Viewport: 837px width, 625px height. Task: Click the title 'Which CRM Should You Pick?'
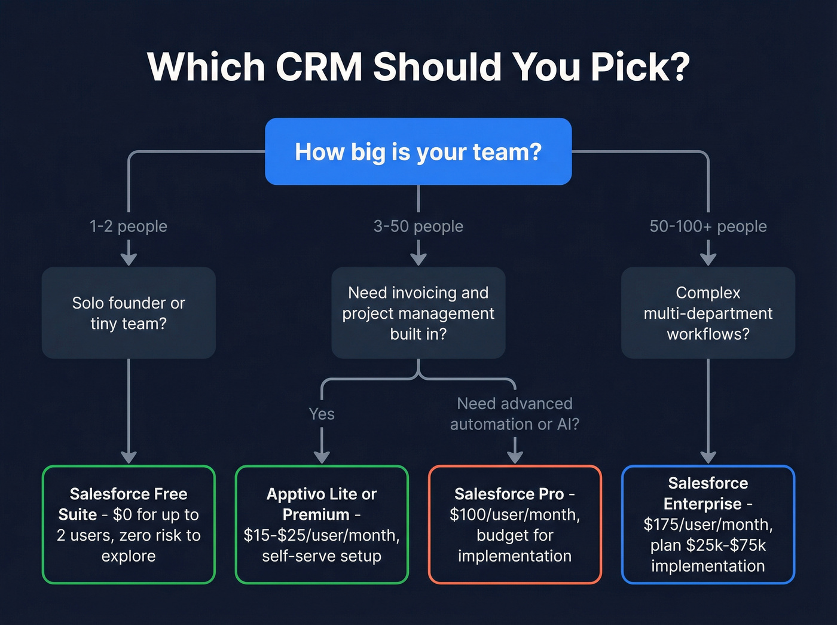[418, 66]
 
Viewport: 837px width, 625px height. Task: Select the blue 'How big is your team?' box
[418, 151]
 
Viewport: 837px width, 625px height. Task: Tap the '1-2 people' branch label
[129, 226]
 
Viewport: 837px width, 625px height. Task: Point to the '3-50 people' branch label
[418, 226]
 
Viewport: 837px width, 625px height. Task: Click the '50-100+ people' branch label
[708, 226]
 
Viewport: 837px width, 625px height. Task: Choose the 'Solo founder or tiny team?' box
[129, 313]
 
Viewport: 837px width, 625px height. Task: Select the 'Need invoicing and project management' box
[418, 313]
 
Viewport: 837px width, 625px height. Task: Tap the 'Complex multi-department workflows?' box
[708, 313]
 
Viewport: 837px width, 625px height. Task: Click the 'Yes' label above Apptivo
[322, 414]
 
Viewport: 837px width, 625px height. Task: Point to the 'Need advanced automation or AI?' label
[515, 414]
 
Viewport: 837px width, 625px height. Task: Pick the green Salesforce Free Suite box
[129, 525]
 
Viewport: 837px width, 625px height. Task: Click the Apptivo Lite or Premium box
[322, 525]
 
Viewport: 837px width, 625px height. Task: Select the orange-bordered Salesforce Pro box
[515, 525]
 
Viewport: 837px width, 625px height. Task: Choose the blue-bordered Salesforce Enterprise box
[708, 525]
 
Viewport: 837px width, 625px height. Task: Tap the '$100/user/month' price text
[515, 514]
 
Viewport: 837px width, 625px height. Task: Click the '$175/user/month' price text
[708, 525]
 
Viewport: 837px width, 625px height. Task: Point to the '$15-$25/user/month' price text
[322, 535]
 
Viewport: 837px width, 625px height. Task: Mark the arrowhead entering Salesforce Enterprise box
[708, 458]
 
